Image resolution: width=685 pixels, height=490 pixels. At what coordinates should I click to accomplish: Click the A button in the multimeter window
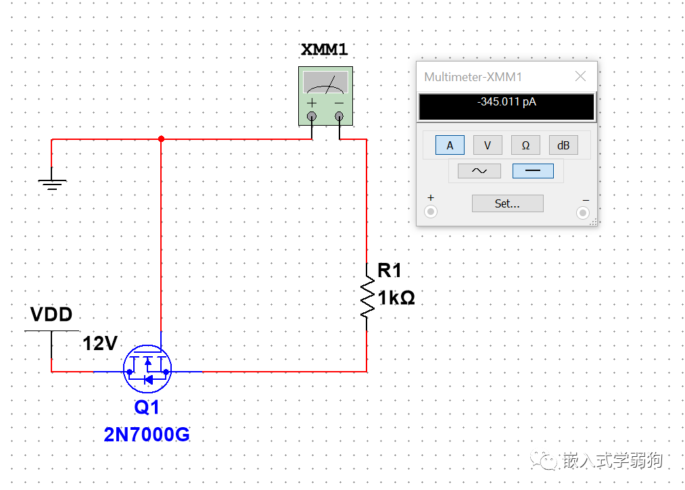coord(450,145)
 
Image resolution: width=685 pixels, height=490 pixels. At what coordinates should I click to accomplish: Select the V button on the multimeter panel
coord(488,145)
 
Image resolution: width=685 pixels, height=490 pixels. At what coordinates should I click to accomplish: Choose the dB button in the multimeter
coord(563,145)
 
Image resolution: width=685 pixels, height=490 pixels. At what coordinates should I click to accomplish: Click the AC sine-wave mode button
coord(479,171)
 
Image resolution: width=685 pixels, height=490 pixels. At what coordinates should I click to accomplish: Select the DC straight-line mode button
coord(533,171)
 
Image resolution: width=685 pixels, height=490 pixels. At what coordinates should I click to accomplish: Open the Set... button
coord(508,203)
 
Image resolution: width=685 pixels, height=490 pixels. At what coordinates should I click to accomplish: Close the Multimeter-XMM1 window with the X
coord(581,76)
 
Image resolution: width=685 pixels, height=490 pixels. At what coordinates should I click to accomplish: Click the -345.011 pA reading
coord(506,102)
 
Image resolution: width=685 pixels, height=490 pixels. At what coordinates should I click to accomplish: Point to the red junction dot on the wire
coord(161,139)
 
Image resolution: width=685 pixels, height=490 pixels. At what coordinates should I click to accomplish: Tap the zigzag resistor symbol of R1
coord(367,297)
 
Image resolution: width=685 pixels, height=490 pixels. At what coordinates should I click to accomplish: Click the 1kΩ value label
coord(396,298)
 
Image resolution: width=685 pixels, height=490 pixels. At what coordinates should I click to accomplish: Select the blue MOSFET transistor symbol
coord(147,369)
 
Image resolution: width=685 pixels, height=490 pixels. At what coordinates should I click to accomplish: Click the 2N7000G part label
coord(147,435)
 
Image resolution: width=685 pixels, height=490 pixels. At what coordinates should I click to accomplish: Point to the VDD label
coord(51,314)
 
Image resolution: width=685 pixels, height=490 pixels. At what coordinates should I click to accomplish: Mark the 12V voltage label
coord(100,343)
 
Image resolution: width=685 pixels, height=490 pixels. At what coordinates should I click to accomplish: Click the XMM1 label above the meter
coord(324,49)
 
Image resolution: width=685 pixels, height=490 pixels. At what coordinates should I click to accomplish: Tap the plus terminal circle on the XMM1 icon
coord(312,116)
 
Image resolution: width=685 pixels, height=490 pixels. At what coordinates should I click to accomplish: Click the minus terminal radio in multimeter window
coord(583,213)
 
